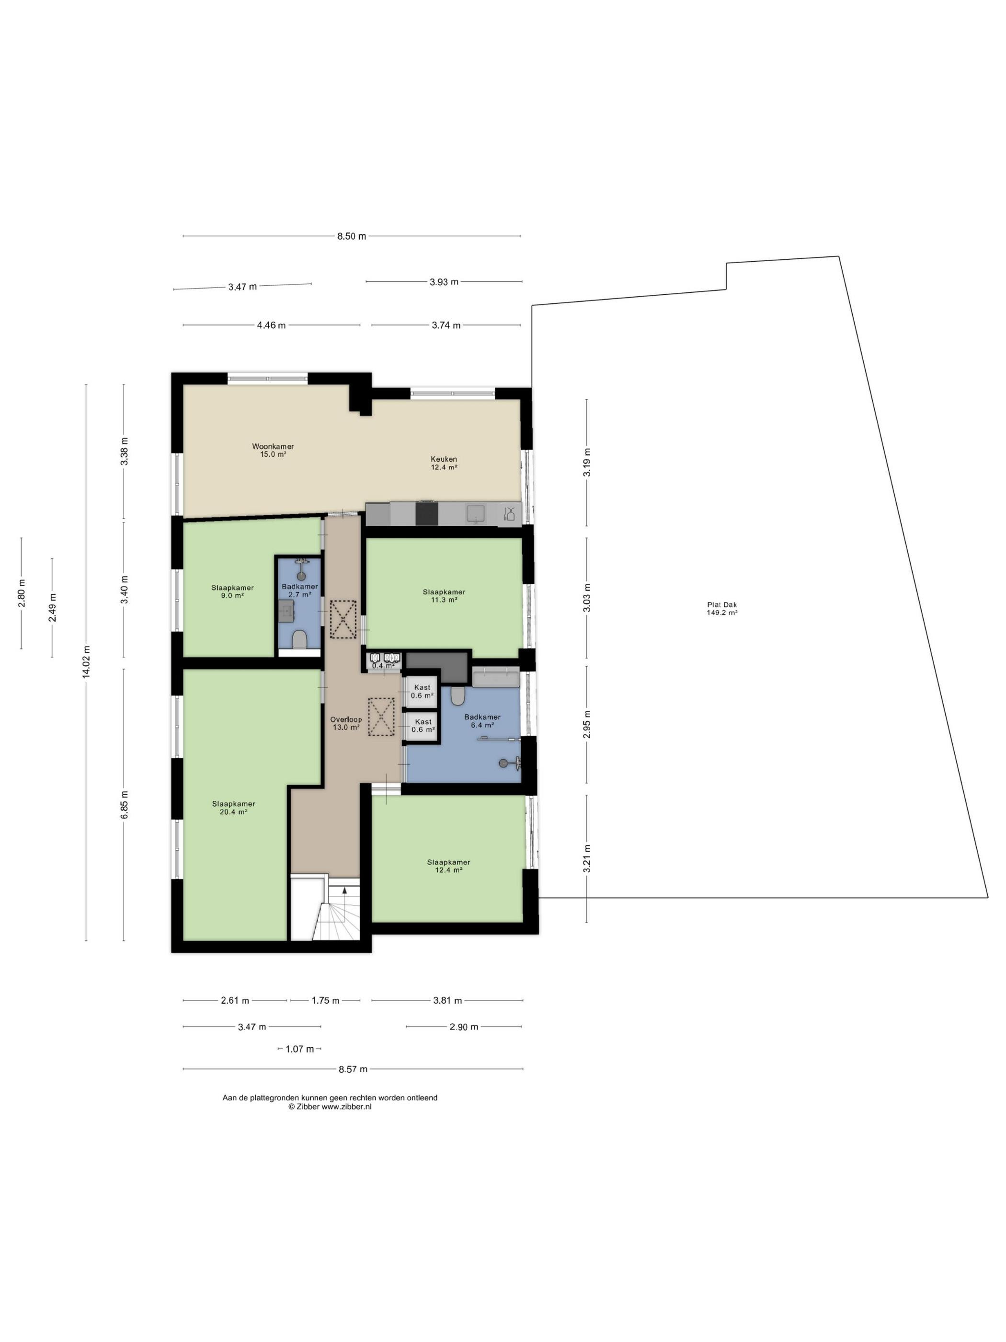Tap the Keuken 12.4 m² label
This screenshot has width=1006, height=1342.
click(x=444, y=463)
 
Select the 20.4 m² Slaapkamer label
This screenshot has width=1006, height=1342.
click(x=233, y=808)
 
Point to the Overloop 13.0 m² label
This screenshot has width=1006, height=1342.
click(x=346, y=724)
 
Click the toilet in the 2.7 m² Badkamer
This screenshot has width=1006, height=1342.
click(x=299, y=639)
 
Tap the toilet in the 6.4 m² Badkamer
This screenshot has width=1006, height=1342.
click(x=458, y=696)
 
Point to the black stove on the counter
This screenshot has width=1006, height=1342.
click(x=426, y=513)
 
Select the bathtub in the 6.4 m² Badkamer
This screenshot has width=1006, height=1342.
click(x=495, y=678)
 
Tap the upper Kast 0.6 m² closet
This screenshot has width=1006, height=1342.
click(x=422, y=692)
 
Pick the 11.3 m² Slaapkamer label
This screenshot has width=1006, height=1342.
click(x=444, y=596)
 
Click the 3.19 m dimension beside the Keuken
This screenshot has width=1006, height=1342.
click(x=587, y=463)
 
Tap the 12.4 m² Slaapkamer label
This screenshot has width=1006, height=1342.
click(x=449, y=866)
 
